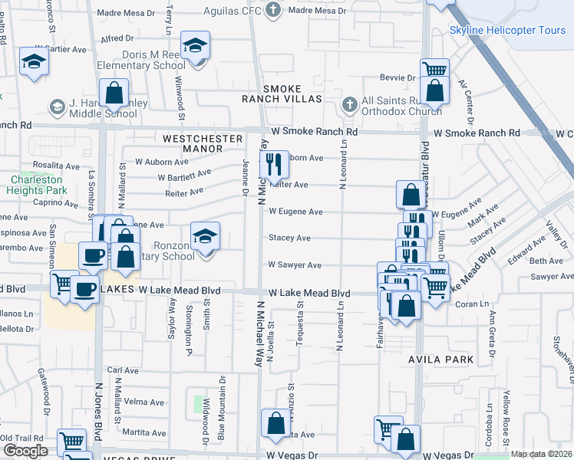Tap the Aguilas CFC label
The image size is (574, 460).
[233, 11]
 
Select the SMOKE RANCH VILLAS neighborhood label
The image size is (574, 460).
[282, 94]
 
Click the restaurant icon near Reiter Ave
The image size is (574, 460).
[273, 164]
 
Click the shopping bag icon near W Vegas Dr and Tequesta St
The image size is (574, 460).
[275, 423]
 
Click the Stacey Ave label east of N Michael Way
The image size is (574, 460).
[289, 238]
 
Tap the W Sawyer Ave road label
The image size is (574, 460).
[294, 265]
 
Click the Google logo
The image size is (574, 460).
[25, 451]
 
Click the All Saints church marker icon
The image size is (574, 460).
[349, 102]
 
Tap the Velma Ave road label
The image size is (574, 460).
[144, 402]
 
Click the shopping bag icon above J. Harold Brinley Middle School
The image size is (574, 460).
[114, 94]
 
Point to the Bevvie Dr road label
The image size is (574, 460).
[398, 78]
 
